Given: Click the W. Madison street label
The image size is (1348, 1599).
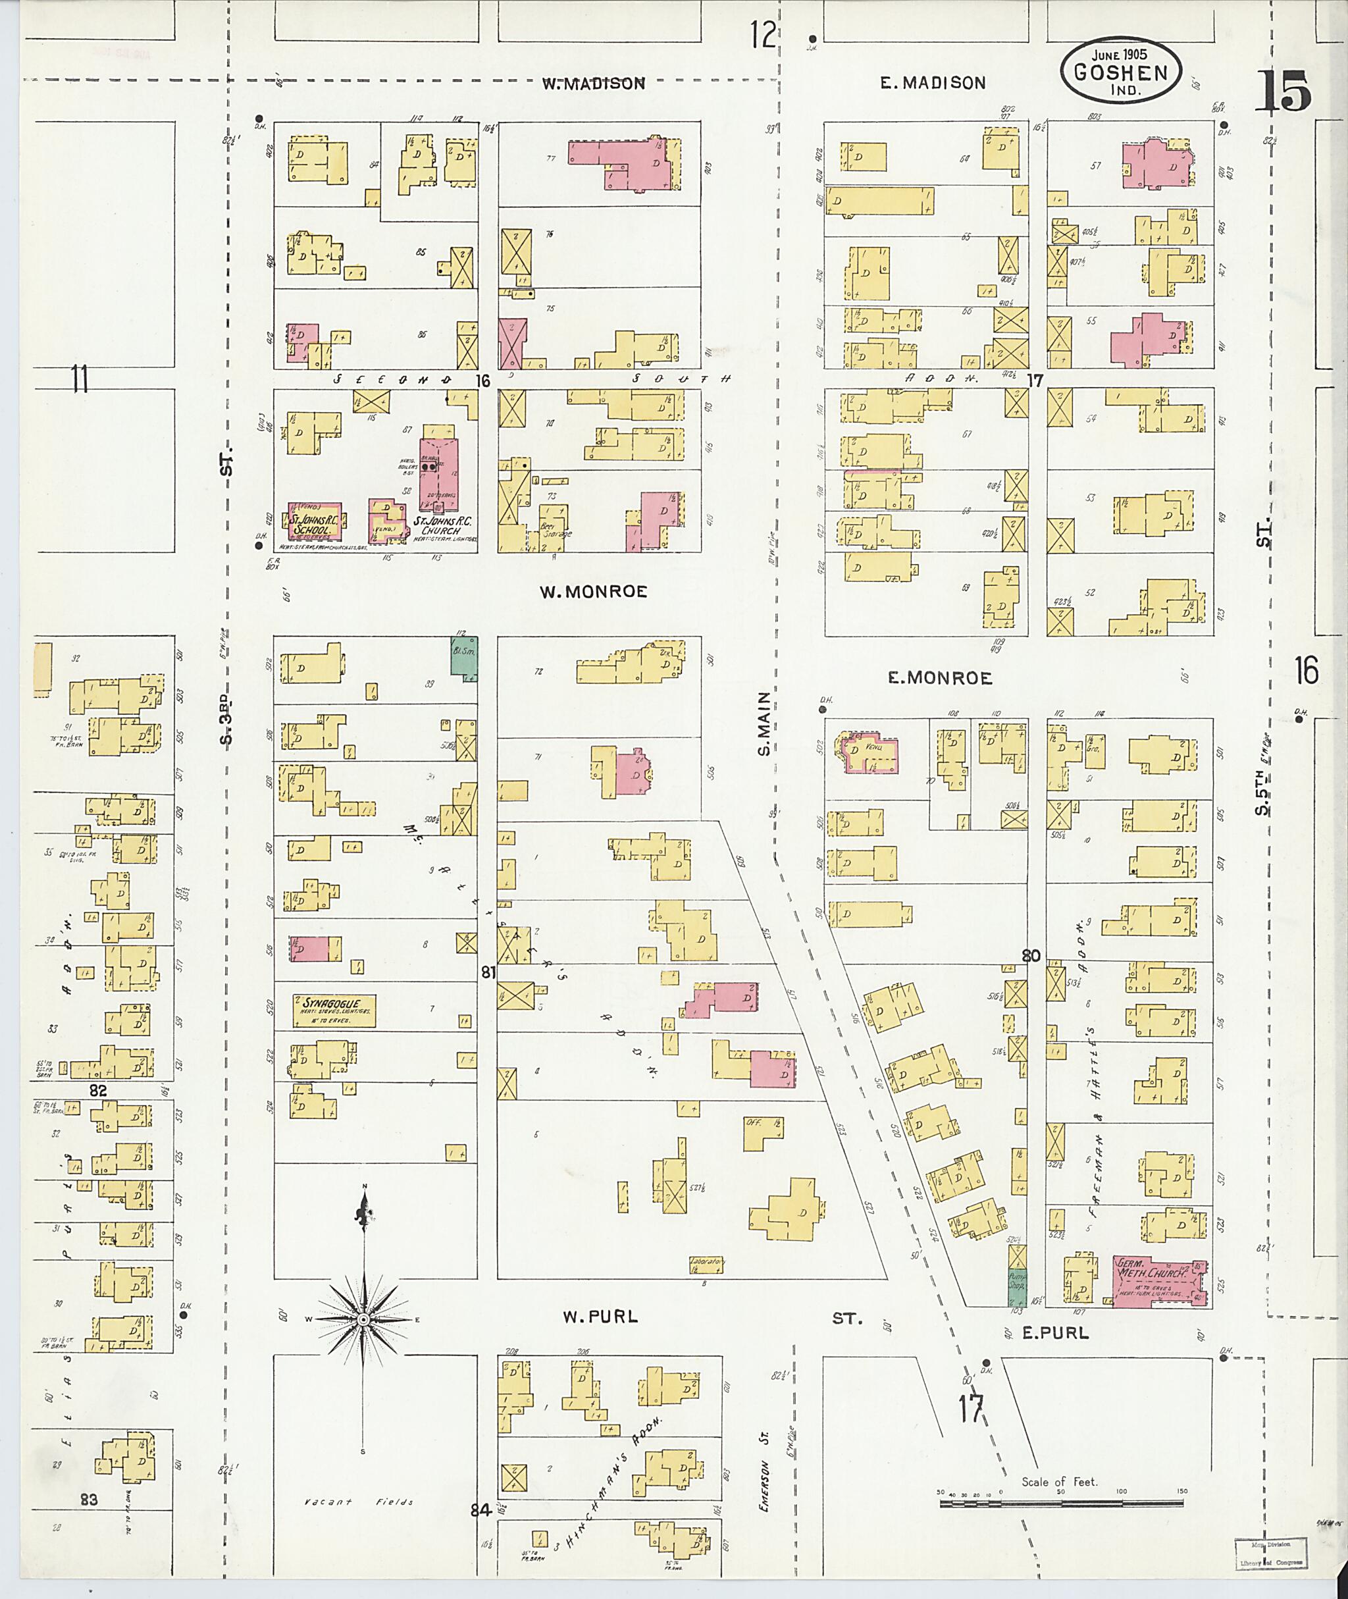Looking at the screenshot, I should point(594,84).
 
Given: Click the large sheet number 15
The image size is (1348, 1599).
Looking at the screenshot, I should point(1283,91).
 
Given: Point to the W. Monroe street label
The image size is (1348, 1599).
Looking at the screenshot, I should point(594,592).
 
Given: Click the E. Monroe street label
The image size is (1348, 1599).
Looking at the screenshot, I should point(939,678).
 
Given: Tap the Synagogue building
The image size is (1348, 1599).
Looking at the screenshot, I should point(334,1010).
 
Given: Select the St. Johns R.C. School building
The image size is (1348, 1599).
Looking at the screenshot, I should point(314,523).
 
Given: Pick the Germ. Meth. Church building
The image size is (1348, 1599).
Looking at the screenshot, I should point(1158,1282).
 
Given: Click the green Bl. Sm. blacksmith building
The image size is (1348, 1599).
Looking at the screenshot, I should point(463,656).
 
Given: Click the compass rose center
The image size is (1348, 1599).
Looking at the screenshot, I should point(365,1320).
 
